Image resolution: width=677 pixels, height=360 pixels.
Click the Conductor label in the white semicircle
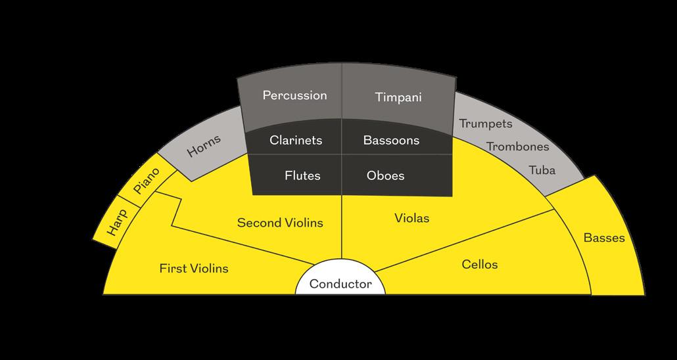pyautogui.click(x=340, y=284)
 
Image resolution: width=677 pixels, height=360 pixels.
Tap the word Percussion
pyautogui.click(x=294, y=95)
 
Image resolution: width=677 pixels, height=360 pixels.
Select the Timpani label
pyautogui.click(x=398, y=97)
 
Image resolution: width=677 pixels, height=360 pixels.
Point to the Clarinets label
pyautogui.click(x=296, y=140)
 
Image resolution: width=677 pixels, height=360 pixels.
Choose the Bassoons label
pyautogui.click(x=391, y=140)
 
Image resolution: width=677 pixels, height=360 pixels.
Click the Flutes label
pyautogui.click(x=302, y=175)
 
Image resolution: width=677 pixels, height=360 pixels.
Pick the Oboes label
pyautogui.click(x=385, y=175)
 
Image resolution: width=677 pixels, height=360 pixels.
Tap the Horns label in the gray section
pyautogui.click(x=204, y=145)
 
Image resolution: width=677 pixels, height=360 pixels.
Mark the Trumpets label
pyautogui.click(x=486, y=124)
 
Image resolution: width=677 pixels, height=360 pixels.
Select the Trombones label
pyautogui.click(x=517, y=146)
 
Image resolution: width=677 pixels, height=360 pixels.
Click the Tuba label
pyautogui.click(x=542, y=171)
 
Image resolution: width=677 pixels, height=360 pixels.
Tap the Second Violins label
pyautogui.click(x=280, y=223)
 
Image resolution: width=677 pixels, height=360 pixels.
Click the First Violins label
pyautogui.click(x=194, y=268)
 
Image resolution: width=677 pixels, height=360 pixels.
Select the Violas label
pyautogui.click(x=412, y=217)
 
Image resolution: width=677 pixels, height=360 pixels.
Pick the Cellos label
pyautogui.click(x=479, y=265)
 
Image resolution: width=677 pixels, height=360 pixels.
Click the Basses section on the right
pyautogui.click(x=604, y=238)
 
